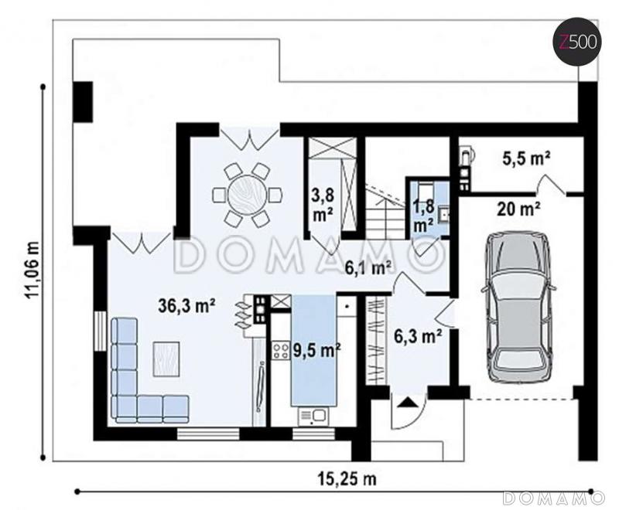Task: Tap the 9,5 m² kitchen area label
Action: point(316,350)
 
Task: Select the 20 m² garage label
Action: point(518,209)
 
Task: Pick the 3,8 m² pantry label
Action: point(323,204)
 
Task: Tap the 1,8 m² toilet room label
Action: point(424,216)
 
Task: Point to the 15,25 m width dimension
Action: point(347,479)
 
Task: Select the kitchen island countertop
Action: point(314,350)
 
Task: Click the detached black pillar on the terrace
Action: point(83,102)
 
